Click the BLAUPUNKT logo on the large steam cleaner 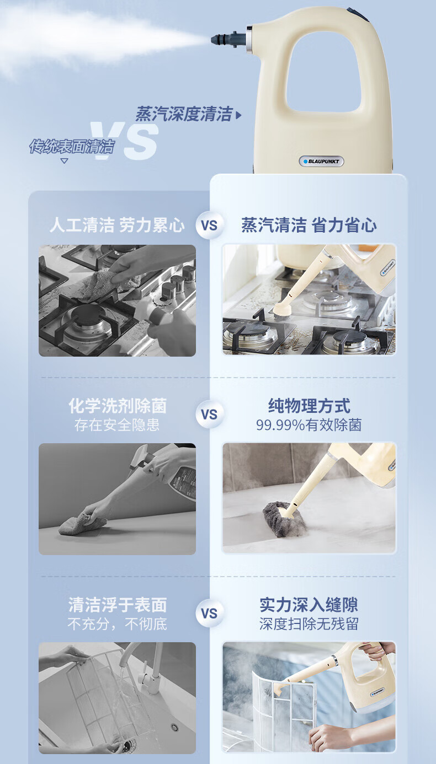pos(321,162)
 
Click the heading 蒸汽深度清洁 pos(184,114)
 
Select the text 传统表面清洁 pos(72,146)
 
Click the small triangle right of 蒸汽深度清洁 pos(238,115)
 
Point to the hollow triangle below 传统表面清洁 pos(64,160)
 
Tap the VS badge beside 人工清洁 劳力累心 pos(209,225)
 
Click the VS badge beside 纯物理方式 pos(209,415)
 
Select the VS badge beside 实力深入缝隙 pos(209,614)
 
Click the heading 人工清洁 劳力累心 pos(117,225)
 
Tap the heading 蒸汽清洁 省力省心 pos(309,225)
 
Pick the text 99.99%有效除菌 pos(309,425)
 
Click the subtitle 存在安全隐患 pos(117,425)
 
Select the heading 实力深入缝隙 pos(309,605)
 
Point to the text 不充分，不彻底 pos(117,624)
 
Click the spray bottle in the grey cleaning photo pos(171,471)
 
